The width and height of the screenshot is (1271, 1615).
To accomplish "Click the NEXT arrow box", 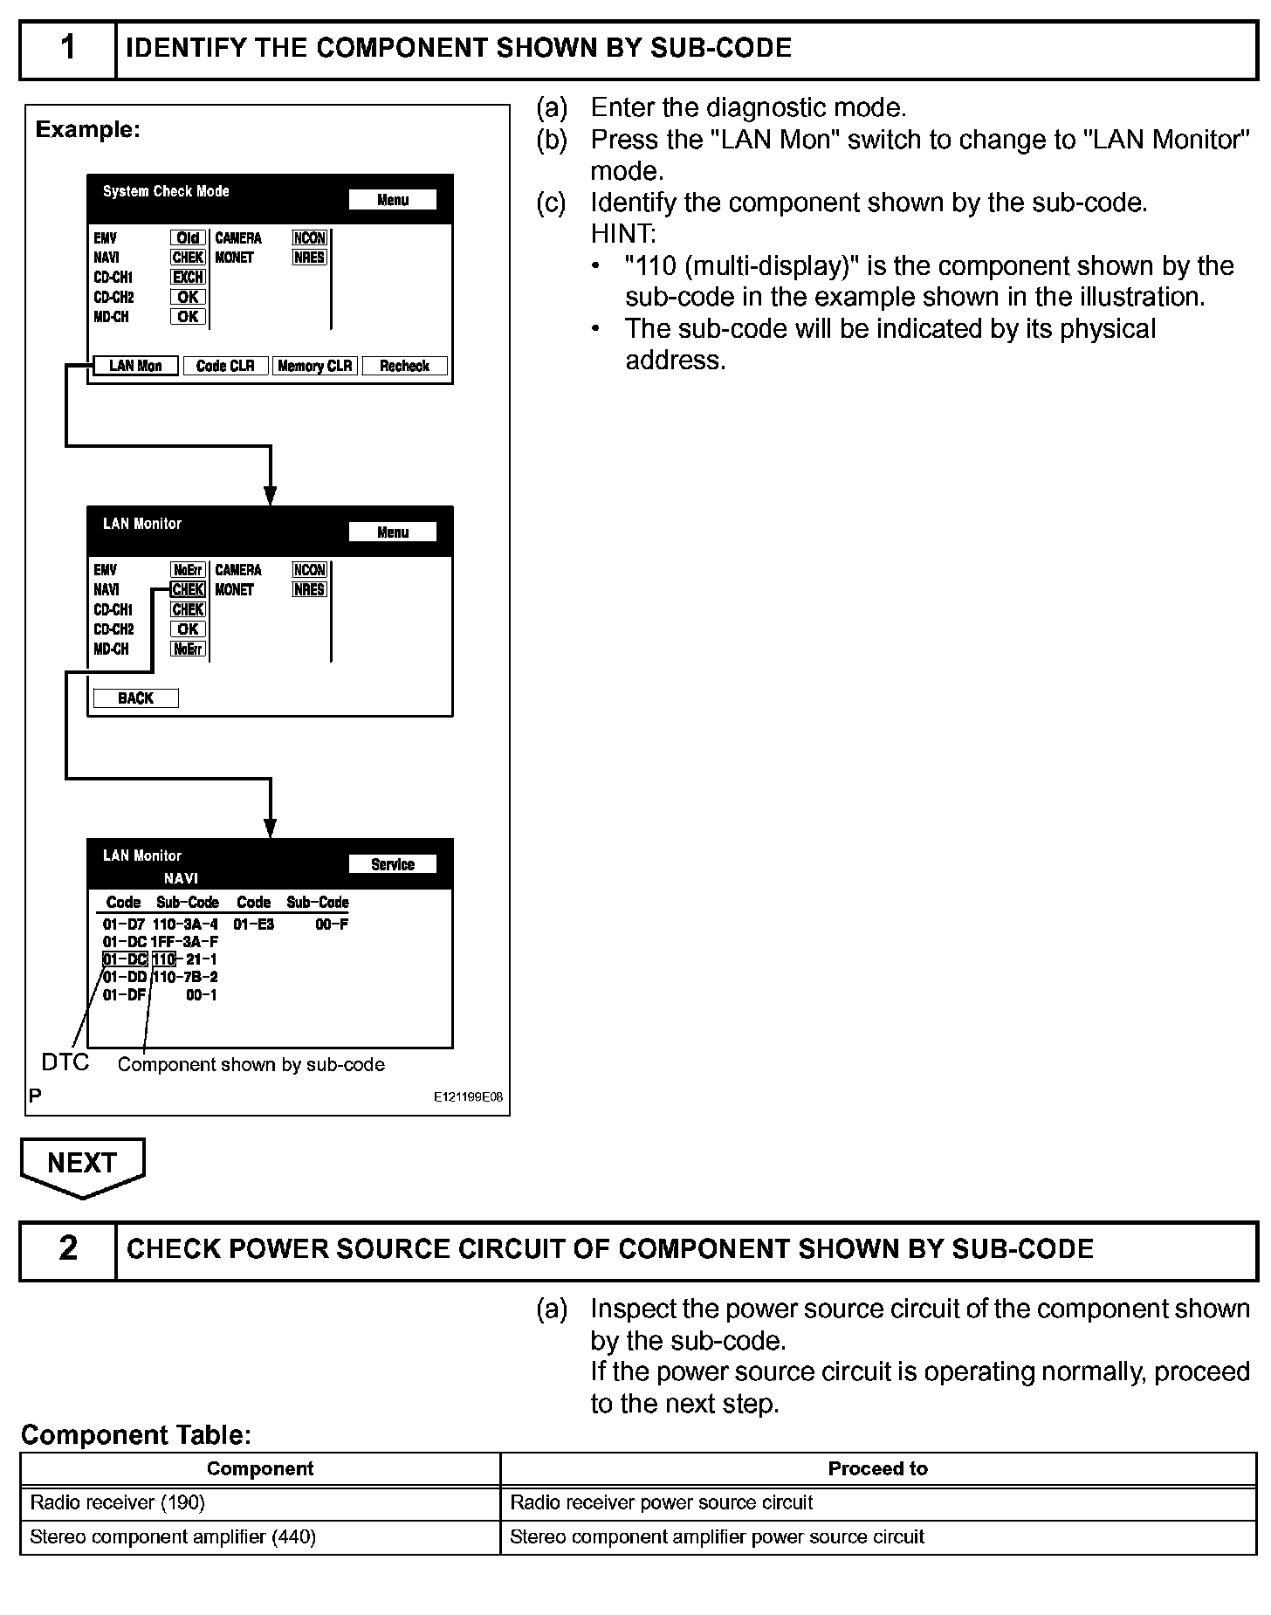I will (x=82, y=1164).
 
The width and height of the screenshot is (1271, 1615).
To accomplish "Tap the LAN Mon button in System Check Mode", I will (x=135, y=366).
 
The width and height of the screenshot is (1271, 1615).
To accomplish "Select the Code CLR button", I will (x=225, y=366).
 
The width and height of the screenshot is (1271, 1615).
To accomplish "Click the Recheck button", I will (x=404, y=366).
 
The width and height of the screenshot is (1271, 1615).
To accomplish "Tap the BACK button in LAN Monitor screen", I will (x=135, y=698).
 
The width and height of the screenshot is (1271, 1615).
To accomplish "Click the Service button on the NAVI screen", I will (x=392, y=864).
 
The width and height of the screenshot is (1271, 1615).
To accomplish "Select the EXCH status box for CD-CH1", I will (x=188, y=277).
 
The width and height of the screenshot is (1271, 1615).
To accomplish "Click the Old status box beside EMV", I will (x=188, y=237).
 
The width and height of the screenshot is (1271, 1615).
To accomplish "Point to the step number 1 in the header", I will (x=67, y=48).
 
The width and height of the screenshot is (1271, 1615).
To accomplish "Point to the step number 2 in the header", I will (x=67, y=1248).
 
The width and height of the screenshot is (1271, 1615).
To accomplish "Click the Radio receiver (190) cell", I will (x=118, y=1502).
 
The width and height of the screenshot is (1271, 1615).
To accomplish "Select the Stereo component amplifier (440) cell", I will (x=173, y=1536).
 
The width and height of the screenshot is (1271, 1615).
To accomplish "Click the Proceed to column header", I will (x=877, y=1468).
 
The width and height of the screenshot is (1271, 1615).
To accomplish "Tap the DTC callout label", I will (x=65, y=1062).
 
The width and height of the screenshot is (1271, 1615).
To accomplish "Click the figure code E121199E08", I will (x=468, y=1097).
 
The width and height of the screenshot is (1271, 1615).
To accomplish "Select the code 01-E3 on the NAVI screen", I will (x=254, y=924).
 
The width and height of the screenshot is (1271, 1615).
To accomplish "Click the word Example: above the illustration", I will (x=87, y=130).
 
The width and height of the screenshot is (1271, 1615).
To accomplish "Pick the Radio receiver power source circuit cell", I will (x=661, y=1502).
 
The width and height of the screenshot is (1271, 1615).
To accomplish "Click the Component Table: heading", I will (x=136, y=1434).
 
